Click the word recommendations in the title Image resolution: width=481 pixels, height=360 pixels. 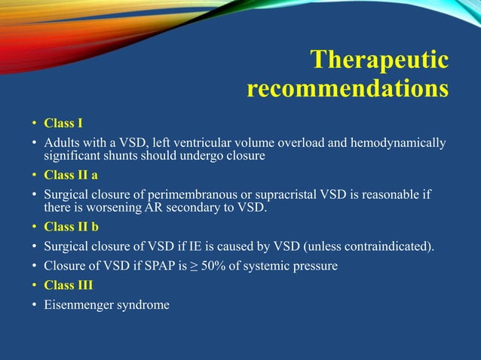pyautogui.click(x=348, y=90)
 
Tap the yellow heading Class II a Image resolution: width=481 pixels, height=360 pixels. pyautogui.click(x=71, y=175)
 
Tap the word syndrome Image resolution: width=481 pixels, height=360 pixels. pyautogui.click(x=142, y=305)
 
